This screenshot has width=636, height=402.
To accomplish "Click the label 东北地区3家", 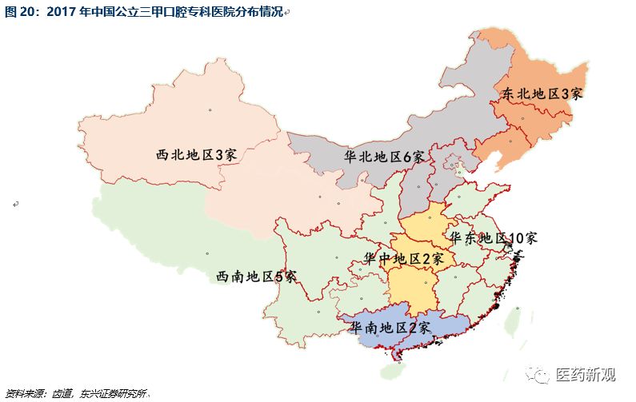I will click(x=542, y=94).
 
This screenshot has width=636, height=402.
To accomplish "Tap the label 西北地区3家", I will click(x=196, y=154).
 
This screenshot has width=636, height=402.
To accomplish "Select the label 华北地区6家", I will click(x=383, y=157).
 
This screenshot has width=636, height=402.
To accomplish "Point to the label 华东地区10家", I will click(x=493, y=238).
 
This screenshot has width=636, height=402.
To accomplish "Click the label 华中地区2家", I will click(x=403, y=258).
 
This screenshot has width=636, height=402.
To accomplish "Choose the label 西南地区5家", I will click(x=256, y=277).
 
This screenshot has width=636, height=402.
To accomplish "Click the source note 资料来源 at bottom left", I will click(x=24, y=393).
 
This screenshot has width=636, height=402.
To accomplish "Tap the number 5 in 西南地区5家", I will click(x=279, y=277).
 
